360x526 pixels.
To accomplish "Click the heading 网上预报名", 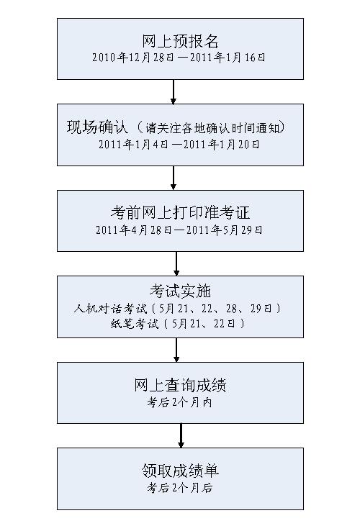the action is pyautogui.click(x=180, y=42).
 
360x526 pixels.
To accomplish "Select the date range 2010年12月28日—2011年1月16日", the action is pyautogui.click(x=179, y=58).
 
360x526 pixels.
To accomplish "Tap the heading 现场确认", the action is pyautogui.click(x=97, y=127).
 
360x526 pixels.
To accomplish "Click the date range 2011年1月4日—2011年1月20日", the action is pyautogui.click(x=179, y=144).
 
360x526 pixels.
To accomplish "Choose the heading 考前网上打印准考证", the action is pyautogui.click(x=180, y=213).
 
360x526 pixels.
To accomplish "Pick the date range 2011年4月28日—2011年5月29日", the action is pyautogui.click(x=179, y=230).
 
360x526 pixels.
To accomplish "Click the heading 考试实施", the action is pyautogui.click(x=180, y=291).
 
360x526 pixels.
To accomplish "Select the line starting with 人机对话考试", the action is pyautogui.click(x=177, y=308).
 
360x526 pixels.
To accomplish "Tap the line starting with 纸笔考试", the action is pyautogui.click(x=178, y=324).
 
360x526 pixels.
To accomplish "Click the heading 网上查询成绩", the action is pyautogui.click(x=180, y=385).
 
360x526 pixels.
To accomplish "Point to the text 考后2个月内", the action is pyautogui.click(x=180, y=402).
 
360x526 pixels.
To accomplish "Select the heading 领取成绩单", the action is pyautogui.click(x=180, y=471).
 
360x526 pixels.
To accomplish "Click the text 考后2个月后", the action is pyautogui.click(x=180, y=487).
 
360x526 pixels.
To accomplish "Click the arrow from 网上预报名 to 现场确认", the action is pyautogui.click(x=173, y=92).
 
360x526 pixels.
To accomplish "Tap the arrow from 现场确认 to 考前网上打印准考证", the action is pyautogui.click(x=173, y=178).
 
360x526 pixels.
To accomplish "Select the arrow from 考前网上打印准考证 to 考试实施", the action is pyautogui.click(x=176, y=263).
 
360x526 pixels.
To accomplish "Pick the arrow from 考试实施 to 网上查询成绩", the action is pyautogui.click(x=176, y=350).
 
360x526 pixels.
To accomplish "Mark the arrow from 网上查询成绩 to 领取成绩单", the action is pyautogui.click(x=181, y=435).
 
